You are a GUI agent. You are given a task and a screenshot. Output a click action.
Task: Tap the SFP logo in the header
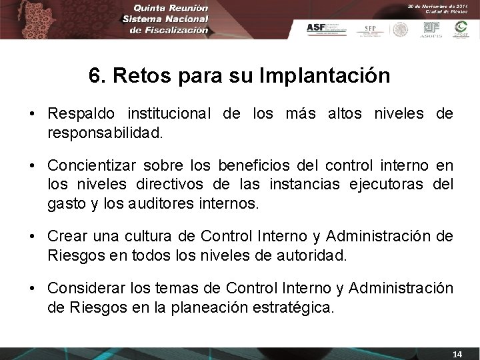pyautogui.click(x=369, y=29)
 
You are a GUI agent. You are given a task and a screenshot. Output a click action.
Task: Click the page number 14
pyautogui.click(x=457, y=353)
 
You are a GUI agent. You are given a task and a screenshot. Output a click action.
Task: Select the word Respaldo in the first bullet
pyautogui.click(x=77, y=115)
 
